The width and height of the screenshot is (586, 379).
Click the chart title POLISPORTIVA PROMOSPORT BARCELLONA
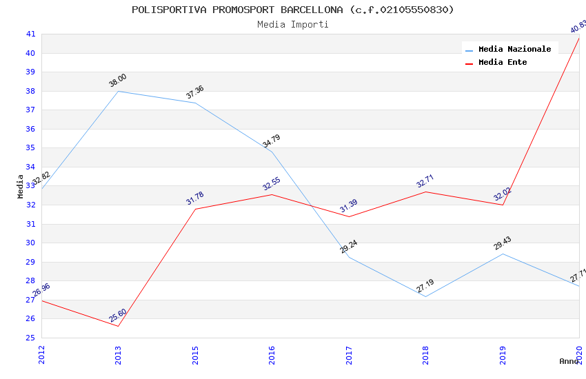(293, 10)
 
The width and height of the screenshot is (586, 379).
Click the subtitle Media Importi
(293, 25)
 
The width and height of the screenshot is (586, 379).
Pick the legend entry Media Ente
(503, 63)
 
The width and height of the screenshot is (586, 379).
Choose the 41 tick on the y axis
(30, 34)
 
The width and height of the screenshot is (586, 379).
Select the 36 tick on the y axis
(30, 129)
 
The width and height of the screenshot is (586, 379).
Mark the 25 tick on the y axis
(30, 338)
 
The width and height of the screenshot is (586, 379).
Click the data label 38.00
(118, 81)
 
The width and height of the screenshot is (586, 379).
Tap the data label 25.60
(118, 316)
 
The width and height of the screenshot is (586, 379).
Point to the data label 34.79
(272, 141)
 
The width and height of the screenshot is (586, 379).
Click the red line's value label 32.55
(272, 184)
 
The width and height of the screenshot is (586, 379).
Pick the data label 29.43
(503, 243)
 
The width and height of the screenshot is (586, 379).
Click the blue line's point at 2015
(196, 103)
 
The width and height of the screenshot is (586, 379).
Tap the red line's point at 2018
(426, 192)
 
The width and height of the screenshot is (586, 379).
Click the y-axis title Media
(21, 186)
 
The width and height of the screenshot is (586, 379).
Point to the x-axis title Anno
(569, 361)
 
